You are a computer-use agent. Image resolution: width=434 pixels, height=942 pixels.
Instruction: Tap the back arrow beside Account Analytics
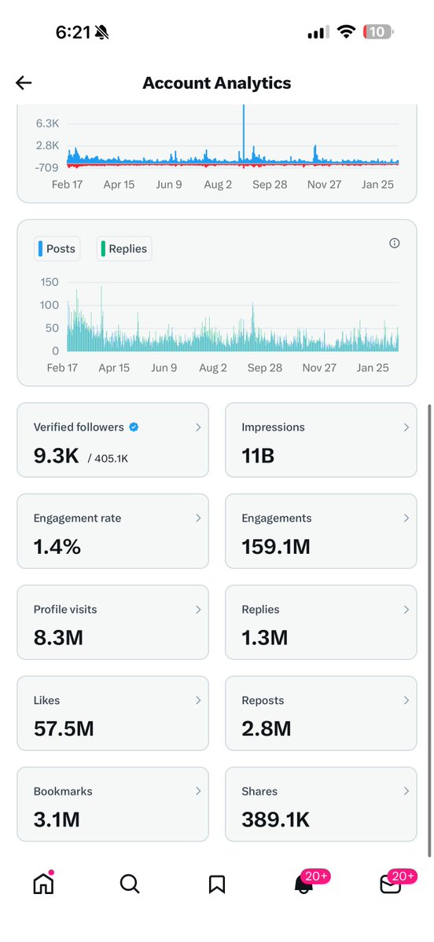point(24,83)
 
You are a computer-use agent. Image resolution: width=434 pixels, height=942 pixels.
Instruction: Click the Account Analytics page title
point(216,83)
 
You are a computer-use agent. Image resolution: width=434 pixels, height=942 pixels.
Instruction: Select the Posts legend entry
point(57,249)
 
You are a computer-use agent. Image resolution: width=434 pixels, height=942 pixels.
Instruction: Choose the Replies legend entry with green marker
point(123,249)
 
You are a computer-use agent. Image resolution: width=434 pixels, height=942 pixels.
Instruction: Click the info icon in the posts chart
point(395,244)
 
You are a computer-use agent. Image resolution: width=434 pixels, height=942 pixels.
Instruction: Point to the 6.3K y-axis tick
point(47,123)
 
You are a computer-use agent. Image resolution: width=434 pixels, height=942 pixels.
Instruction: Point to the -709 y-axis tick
point(46,167)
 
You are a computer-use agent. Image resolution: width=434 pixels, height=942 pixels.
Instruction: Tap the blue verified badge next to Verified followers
point(134,427)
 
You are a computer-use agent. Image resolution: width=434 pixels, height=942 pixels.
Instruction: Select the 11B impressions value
point(258,456)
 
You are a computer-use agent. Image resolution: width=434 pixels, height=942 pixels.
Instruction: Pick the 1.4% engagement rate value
point(57,547)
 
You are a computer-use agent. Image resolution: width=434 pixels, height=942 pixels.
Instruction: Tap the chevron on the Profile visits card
point(198,610)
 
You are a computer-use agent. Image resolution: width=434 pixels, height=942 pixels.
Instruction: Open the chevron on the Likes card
point(198,700)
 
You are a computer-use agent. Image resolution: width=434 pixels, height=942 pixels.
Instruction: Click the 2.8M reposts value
point(267,728)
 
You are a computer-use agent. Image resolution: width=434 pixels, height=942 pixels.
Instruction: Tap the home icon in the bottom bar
point(43,884)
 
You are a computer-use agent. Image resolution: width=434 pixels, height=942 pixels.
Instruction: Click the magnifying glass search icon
point(130,884)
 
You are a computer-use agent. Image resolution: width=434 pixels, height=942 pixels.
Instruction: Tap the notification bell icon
point(303,884)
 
